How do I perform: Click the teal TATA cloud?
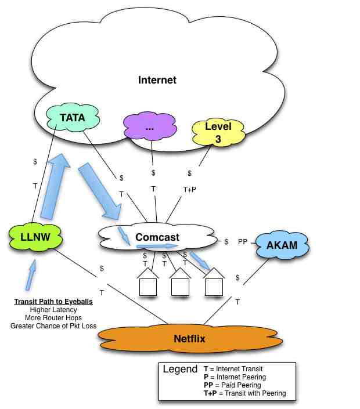tap(73, 118)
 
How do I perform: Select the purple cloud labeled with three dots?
tap(150, 128)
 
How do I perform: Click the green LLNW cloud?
tap(35, 237)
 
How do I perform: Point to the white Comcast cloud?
tap(157, 237)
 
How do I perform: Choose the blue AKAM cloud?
tap(282, 245)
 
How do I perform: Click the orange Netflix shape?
tap(190, 338)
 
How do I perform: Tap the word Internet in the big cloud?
tap(157, 79)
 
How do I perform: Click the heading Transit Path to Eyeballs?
tap(53, 302)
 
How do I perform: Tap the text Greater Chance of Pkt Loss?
tap(53, 326)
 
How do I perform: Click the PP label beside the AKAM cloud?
tap(243, 242)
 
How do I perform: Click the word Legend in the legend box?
tap(180, 370)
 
